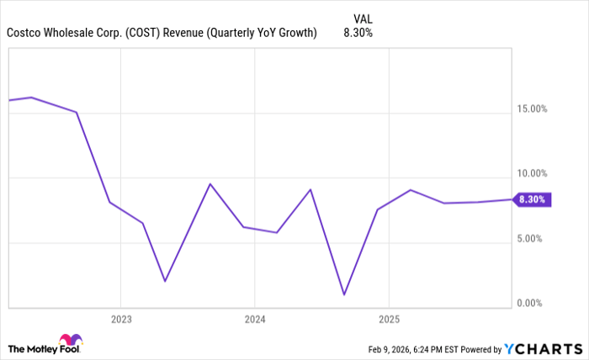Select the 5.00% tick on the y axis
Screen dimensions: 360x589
[x=533, y=238]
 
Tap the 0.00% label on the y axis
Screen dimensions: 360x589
[x=533, y=303]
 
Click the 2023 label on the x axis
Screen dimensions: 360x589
[x=120, y=320]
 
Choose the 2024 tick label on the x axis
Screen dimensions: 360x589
[x=255, y=320]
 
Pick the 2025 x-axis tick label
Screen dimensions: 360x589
[x=389, y=320]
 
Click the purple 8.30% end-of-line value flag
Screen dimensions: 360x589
[x=533, y=200]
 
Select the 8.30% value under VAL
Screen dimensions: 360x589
[x=358, y=33]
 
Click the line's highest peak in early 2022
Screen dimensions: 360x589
[x=31, y=98]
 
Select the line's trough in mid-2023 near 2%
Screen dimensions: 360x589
[x=165, y=281]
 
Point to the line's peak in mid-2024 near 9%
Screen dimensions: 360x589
[x=310, y=189]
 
